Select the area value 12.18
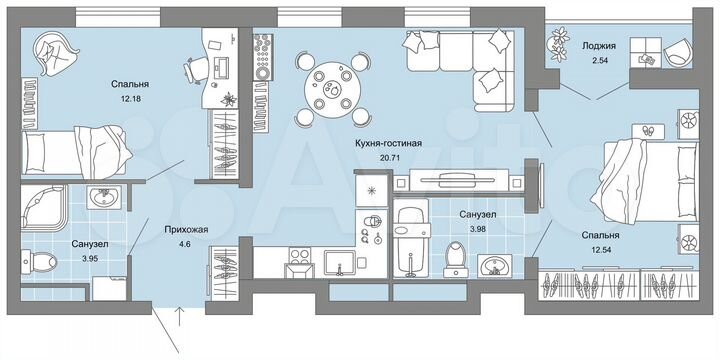(125, 99)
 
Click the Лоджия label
(598, 45)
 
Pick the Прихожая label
(185, 229)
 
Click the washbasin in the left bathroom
(103, 198)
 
